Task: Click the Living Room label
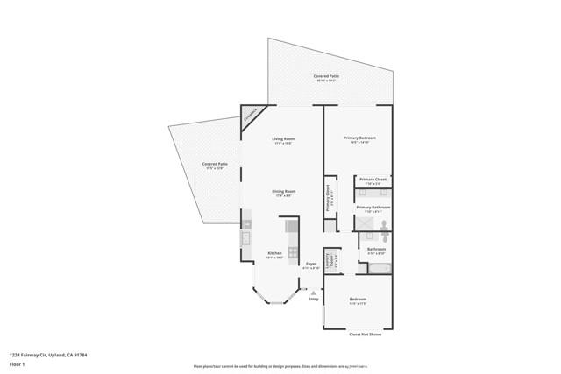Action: [282, 140]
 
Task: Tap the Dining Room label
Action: [283, 192]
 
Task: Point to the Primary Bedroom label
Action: [359, 138]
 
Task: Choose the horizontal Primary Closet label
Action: [373, 180]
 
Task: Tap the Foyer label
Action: [310, 264]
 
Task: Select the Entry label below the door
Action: [313, 300]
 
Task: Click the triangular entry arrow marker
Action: [313, 292]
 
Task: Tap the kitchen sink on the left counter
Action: [246, 236]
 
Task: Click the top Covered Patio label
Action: [327, 77]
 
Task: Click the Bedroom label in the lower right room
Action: [358, 300]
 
